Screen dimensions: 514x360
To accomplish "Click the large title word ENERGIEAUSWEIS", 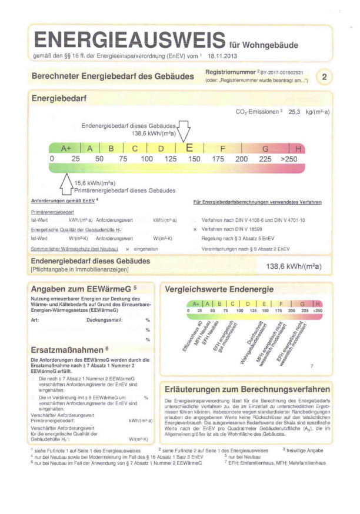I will tap(128, 40).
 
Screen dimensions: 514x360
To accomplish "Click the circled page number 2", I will tap(325, 76).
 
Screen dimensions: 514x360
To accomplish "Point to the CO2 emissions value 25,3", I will tap(294, 111).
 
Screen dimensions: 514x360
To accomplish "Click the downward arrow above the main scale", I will tap(184, 131).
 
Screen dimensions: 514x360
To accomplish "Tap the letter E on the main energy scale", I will tap(189, 148).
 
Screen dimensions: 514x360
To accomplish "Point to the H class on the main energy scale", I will tap(299, 149).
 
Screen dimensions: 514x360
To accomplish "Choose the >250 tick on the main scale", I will tap(289, 159).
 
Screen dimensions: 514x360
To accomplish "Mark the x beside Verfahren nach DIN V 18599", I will tap(195, 227).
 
